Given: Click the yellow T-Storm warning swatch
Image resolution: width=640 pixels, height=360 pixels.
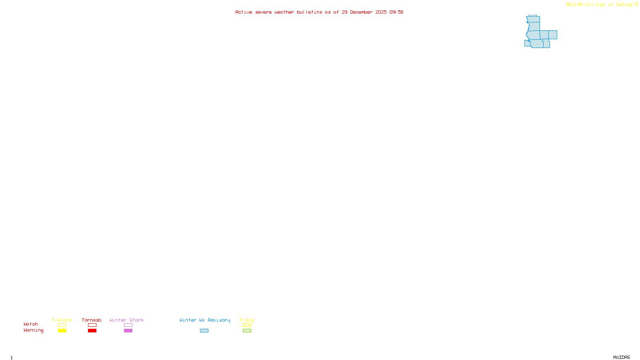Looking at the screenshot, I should tap(62, 331).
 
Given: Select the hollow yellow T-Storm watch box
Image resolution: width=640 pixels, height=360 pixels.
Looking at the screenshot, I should tap(62, 325).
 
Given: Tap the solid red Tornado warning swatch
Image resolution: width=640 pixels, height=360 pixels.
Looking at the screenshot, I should tap(92, 331).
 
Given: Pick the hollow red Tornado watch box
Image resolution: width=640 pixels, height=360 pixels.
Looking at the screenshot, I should tap(92, 325).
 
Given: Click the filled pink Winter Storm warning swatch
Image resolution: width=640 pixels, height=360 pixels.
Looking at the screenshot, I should tap(128, 331).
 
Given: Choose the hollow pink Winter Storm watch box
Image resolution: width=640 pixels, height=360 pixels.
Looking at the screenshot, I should tap(128, 325).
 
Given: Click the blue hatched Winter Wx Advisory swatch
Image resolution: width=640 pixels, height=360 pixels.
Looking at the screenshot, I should tap(204, 331).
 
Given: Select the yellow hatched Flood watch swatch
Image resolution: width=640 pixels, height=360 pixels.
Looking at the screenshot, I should tap(247, 325).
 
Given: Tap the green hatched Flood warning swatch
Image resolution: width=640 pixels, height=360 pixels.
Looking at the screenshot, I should tap(247, 331).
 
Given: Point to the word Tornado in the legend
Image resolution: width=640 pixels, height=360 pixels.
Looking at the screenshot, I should tap(92, 320).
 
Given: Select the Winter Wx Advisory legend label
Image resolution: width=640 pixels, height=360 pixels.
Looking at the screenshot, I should tap(205, 320).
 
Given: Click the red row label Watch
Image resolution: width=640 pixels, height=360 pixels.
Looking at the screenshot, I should tap(31, 324).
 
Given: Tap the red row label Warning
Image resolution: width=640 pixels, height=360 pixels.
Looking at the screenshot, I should tap(33, 330).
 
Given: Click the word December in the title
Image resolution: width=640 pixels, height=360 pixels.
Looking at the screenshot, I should tap(361, 12).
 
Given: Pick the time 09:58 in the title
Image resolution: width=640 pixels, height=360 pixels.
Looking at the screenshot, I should tap(396, 12).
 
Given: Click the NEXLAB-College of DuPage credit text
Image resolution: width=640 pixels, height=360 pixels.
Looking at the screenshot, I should tap(600, 4).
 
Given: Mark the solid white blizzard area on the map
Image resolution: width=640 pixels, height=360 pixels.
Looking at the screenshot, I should tap(548, 22).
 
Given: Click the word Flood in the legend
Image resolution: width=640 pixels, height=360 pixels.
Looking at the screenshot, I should tap(247, 320).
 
